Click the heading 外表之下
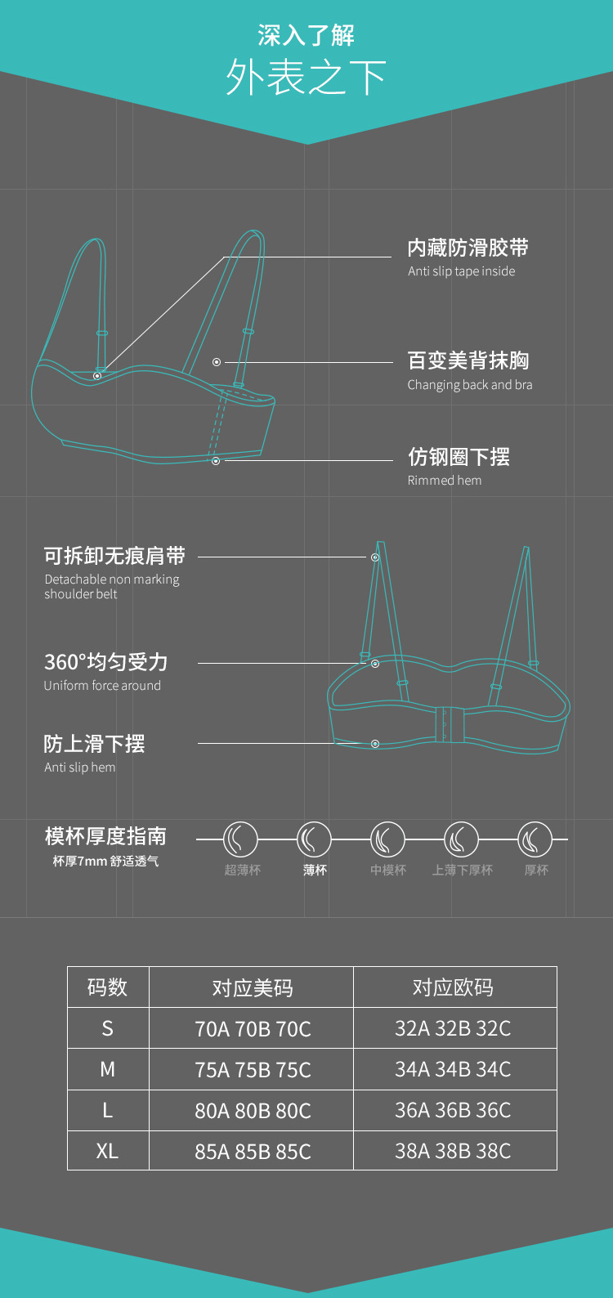[306, 78]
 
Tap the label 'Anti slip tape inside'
[462, 271]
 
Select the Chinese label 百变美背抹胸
[468, 360]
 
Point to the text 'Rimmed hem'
[445, 481]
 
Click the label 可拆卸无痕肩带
[114, 556]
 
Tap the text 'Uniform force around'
[102, 686]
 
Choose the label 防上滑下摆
[94, 744]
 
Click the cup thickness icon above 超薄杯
[240, 839]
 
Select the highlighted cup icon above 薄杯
[314, 839]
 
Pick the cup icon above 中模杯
[387, 839]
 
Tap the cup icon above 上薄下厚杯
[461, 839]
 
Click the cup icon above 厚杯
[535, 839]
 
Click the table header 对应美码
[252, 988]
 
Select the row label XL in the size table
[107, 1151]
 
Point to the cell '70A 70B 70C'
[253, 1029]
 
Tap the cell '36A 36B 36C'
[453, 1110]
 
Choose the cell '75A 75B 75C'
[253, 1070]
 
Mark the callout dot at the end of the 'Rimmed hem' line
[216, 461]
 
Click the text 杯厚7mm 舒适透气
[105, 862]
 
